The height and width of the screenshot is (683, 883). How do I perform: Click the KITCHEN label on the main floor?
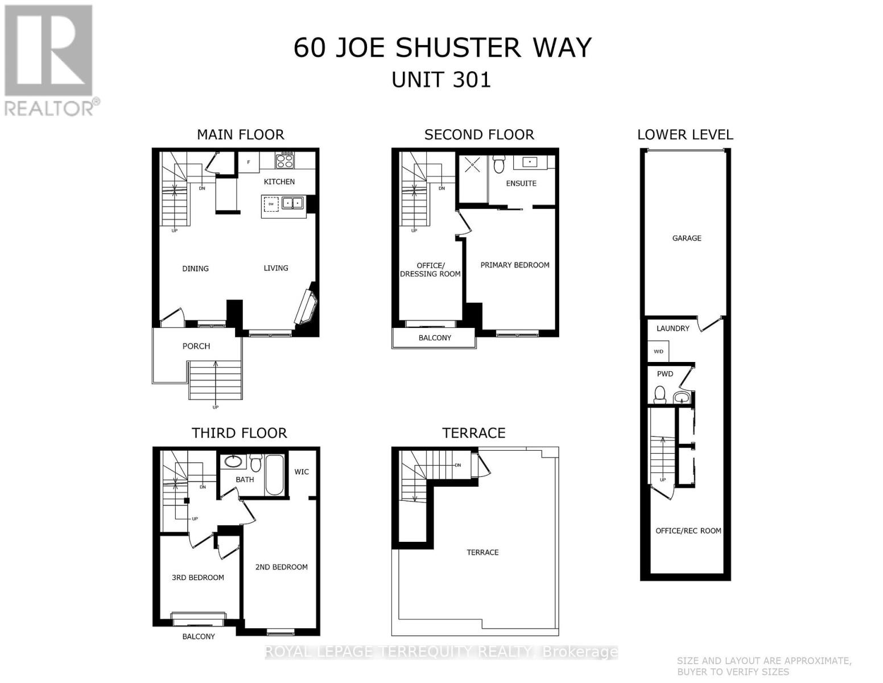(x=279, y=182)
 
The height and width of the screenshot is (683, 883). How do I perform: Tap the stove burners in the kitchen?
(x=284, y=160)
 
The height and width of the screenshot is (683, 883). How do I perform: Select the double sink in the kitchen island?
(x=294, y=203)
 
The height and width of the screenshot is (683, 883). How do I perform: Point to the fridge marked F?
(x=248, y=162)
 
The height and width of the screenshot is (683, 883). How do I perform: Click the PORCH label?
(x=196, y=346)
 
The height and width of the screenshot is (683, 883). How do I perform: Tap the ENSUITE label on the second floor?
(x=521, y=183)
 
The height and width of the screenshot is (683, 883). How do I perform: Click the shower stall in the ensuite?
(x=472, y=165)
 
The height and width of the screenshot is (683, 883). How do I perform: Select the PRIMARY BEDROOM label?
(x=515, y=265)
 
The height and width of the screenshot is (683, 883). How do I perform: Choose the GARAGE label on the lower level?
(x=687, y=238)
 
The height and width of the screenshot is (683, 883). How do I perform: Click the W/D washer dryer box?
(x=658, y=351)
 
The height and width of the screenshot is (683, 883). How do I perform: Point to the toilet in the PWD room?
(x=660, y=394)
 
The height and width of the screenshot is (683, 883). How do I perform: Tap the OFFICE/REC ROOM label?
(x=688, y=530)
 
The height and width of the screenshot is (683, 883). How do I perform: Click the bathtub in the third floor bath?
(x=274, y=475)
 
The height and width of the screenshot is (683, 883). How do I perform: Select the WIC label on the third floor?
(x=302, y=471)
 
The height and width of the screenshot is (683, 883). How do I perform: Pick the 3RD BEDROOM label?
(x=198, y=577)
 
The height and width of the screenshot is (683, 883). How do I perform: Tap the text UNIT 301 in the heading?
(x=441, y=79)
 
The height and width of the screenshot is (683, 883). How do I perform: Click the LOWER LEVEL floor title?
(x=685, y=134)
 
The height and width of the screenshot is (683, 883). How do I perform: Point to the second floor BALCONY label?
(x=435, y=338)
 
